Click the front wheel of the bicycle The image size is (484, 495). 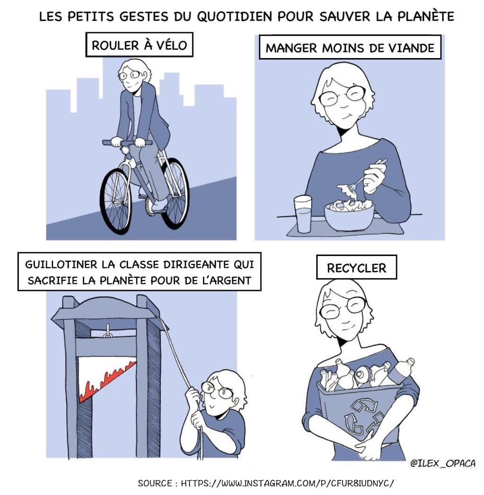coord(115,200)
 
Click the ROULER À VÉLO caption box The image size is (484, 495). coord(139,45)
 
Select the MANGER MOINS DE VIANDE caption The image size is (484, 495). coord(350,48)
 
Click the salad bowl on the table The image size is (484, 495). coord(349,215)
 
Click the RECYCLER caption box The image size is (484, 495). coord(356,268)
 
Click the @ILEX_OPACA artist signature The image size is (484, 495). coord(442,464)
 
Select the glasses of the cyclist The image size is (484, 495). coord(130,75)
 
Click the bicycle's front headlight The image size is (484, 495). coord(126,150)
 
